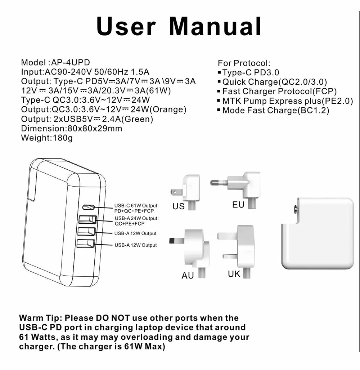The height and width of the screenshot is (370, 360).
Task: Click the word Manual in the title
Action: coord(215,26)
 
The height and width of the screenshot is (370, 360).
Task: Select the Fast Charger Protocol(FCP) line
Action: coord(279,92)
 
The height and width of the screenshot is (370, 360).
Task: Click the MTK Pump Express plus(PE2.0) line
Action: coord(288,101)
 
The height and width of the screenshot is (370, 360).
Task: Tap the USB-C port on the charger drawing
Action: coord(89,207)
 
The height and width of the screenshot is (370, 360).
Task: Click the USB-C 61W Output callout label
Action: coord(136,208)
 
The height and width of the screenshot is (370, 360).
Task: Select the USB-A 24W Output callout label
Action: coord(136,221)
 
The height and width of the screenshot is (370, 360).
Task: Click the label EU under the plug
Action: coord(238,205)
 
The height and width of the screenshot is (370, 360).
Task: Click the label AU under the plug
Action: coord(188,276)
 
